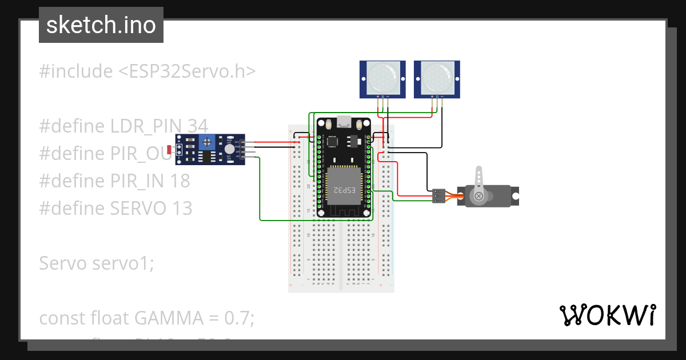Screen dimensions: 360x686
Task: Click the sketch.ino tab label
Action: tap(101, 25)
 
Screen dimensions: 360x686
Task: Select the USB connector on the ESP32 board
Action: tap(344, 121)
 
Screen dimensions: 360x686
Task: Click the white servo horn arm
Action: tap(480, 178)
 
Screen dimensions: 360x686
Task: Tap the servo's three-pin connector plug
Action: tap(438, 195)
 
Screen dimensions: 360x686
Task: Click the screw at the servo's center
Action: tap(479, 197)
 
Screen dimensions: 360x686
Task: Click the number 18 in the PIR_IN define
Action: tap(180, 181)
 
